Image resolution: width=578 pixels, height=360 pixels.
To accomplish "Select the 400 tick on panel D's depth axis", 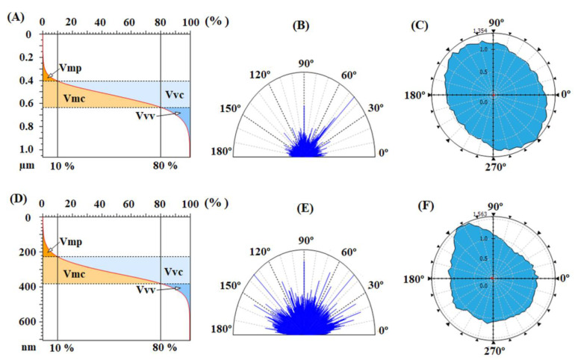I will coord(24,287).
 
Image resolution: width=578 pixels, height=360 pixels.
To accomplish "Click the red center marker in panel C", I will coord(492,95).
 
